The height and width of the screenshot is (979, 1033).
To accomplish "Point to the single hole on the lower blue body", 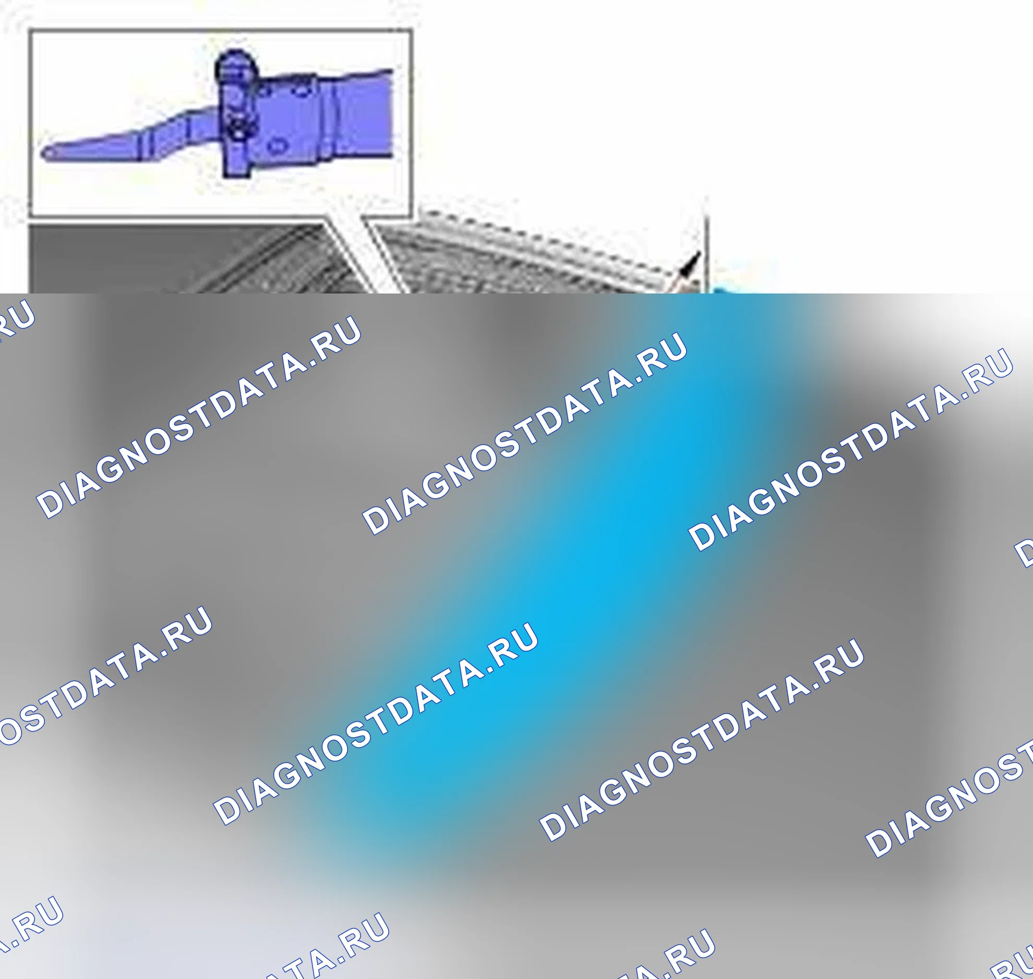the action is [x=278, y=146].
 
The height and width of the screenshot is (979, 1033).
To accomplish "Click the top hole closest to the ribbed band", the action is [x=303, y=92].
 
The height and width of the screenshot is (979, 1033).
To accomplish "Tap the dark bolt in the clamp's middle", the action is [x=238, y=128].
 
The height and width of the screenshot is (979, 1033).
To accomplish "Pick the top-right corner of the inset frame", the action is [x=412, y=30].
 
